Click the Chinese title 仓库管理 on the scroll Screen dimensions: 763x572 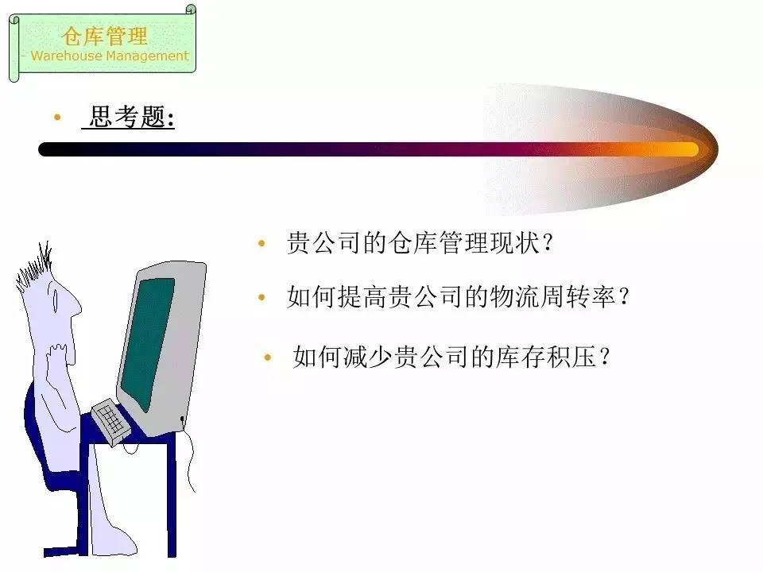tap(104, 36)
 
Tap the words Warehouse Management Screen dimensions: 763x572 tap(110, 56)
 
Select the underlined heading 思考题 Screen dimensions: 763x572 tap(128, 117)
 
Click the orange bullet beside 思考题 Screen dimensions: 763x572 tap(57, 118)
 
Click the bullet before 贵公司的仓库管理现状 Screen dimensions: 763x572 tap(261, 243)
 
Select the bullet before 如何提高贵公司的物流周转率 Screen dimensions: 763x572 tap(261, 296)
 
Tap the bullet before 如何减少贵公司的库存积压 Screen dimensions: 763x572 tap(267, 357)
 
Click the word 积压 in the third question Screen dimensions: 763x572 tap(571, 357)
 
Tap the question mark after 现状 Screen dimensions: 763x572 tap(548, 242)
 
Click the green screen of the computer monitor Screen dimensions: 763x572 tap(148, 341)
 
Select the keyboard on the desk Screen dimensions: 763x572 tap(111, 421)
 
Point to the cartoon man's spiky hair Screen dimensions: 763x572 tap(34, 268)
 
